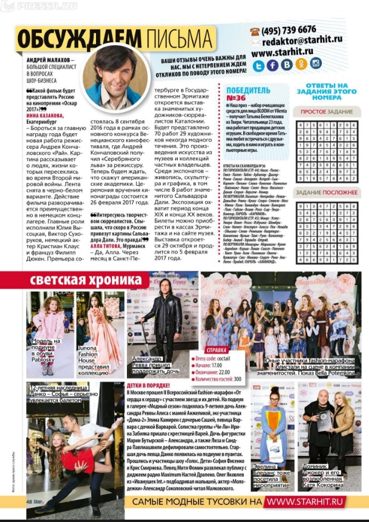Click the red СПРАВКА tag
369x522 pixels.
(216, 350)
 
